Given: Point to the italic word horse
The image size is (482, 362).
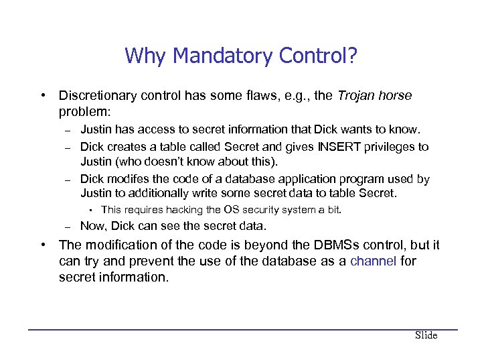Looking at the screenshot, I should pyautogui.click(x=396, y=96).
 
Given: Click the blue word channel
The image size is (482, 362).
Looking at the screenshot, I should pyautogui.click(x=373, y=261).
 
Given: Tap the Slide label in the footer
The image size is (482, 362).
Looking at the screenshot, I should pyautogui.click(x=426, y=335).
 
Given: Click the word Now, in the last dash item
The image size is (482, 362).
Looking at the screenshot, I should pyautogui.click(x=94, y=226).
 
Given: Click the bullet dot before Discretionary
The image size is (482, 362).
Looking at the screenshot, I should pyautogui.click(x=42, y=96).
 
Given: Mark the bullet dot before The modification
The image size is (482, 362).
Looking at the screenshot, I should pyautogui.click(x=42, y=245).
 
